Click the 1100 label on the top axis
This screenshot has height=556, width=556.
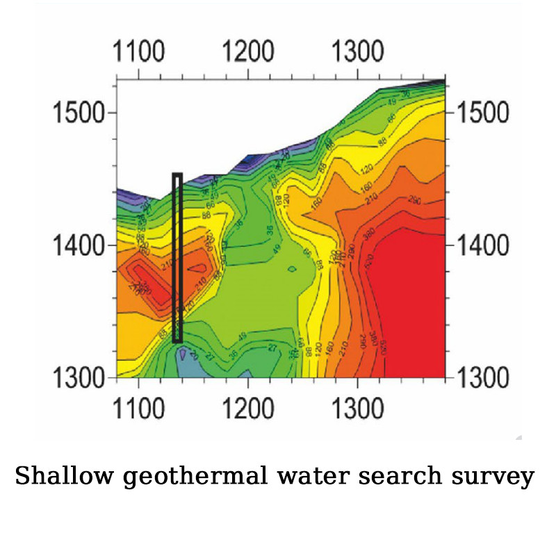pos(140,52)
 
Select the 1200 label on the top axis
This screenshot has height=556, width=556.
pos(248,52)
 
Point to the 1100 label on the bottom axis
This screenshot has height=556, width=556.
pos(140,409)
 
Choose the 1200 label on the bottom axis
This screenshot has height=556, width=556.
pos(248,409)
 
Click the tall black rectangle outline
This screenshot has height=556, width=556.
pos(177,257)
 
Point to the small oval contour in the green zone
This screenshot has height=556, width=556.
pos(292,268)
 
